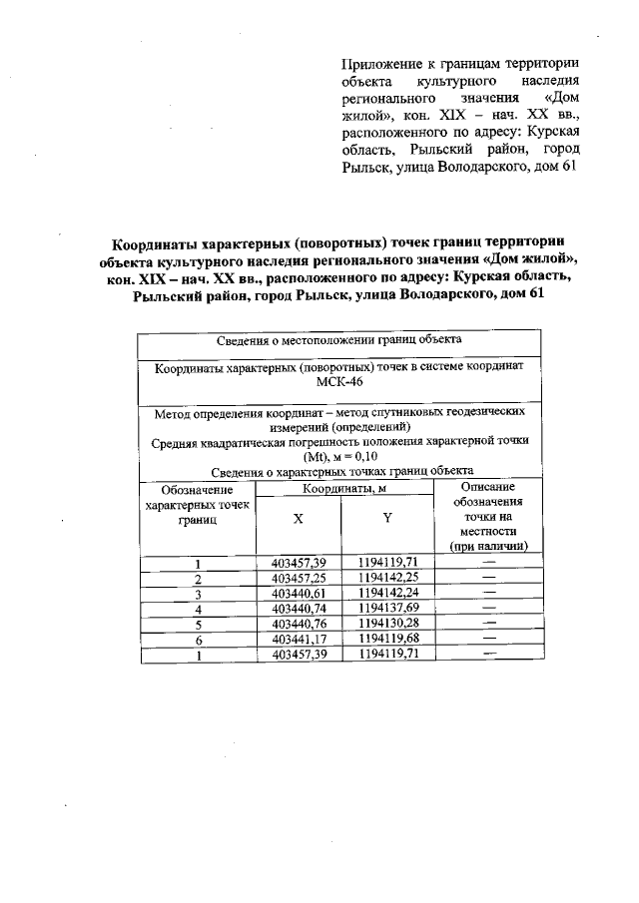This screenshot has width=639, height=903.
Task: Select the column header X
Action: coord(299,519)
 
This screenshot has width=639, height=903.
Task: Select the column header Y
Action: coord(386,519)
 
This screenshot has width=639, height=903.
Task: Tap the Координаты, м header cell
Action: coord(344,488)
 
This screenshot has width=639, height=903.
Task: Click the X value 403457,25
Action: coord(299,578)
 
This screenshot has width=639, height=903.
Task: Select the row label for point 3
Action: coord(198,594)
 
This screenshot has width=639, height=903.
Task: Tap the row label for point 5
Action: coord(198,625)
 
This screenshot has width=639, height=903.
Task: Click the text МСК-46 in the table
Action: coord(339,382)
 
